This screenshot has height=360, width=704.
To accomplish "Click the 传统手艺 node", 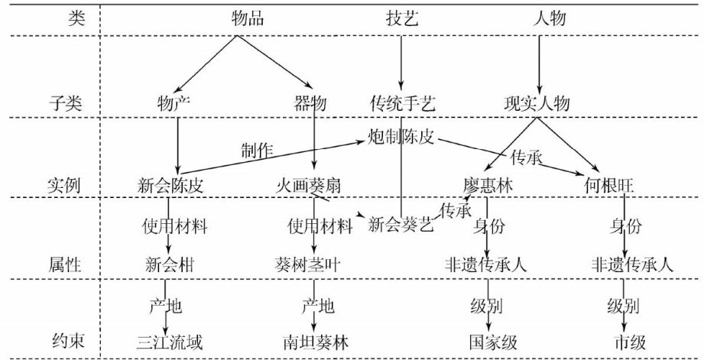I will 402,102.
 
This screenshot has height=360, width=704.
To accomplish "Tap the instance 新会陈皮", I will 175,185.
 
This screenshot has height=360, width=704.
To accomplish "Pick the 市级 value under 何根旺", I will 626,341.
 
